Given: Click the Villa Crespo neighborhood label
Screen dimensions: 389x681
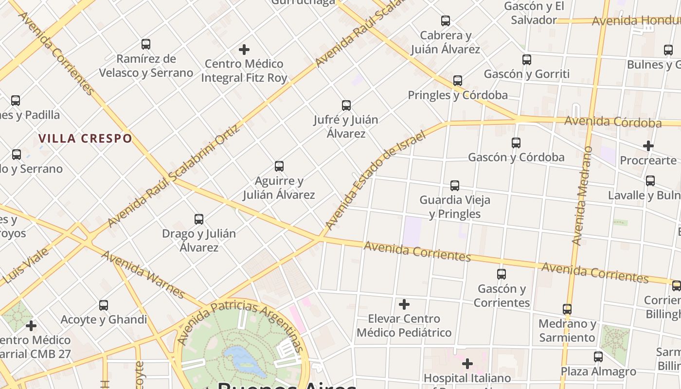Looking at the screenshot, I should (85, 139).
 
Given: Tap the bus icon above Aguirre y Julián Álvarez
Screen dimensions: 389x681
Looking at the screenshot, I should (279, 166).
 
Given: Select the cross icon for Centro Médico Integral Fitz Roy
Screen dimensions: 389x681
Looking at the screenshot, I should (244, 49).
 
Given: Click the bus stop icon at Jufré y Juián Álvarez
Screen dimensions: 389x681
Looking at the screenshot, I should (346, 105).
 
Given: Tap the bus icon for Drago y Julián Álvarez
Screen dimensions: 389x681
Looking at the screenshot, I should (199, 219).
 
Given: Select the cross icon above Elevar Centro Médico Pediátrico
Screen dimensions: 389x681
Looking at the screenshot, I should (404, 304).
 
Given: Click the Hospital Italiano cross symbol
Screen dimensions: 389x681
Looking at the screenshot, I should (467, 363).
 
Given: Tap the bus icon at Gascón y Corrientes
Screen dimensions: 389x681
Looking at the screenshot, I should (502, 274).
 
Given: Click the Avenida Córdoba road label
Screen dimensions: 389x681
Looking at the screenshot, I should (613, 122).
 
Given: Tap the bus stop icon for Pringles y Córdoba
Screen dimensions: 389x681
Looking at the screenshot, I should (458, 80).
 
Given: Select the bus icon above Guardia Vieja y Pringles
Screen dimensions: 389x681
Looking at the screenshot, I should (455, 185).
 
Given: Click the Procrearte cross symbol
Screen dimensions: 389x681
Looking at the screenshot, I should (648, 145).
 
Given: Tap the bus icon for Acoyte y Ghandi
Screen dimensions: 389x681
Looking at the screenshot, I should (104, 305).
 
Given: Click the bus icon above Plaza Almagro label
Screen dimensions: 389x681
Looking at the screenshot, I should (598, 356).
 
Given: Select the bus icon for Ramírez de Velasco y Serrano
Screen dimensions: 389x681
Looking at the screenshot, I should (146, 44).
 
